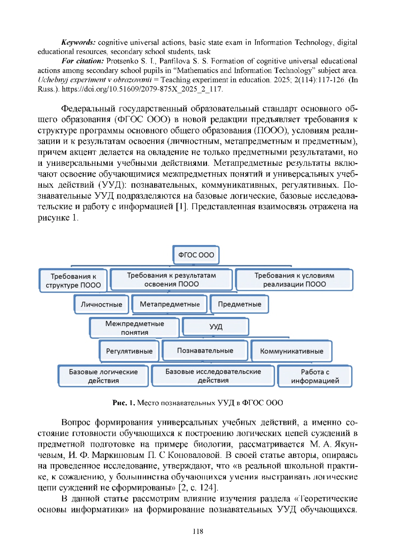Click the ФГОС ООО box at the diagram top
196,255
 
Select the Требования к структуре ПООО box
73,281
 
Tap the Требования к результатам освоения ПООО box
171,280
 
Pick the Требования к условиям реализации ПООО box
294,280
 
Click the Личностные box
101,304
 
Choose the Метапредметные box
170,304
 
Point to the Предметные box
239,304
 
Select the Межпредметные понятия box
135,328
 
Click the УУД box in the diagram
215,326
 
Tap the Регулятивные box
129,351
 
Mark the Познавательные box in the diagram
205,350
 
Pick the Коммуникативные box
291,351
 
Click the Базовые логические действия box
103,376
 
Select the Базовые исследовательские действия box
213,376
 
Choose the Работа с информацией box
315,376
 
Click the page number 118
198,531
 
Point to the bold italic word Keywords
79,42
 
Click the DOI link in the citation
142,89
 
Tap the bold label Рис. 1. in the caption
124,403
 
